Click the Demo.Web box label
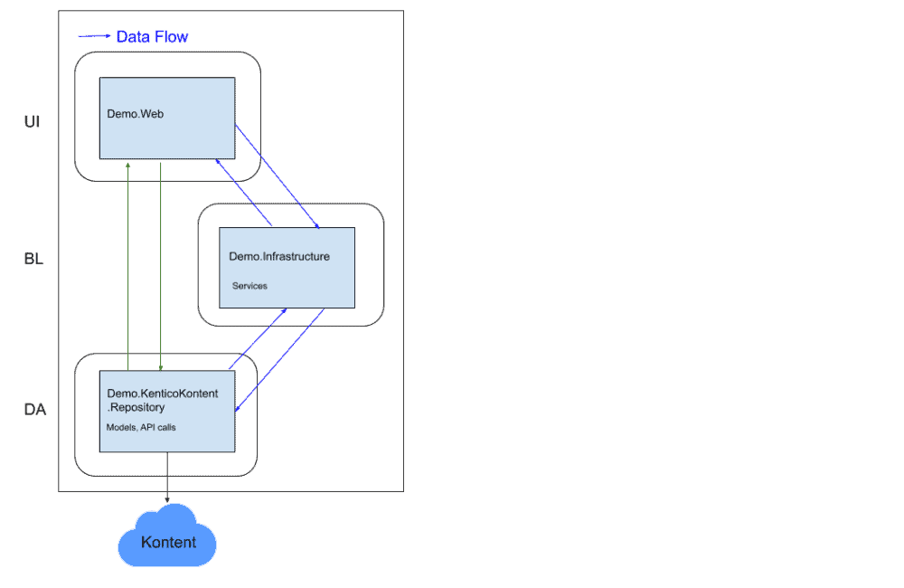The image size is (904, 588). click(x=135, y=115)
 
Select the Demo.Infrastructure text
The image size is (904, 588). click(x=278, y=257)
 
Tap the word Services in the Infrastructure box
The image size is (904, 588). click(x=250, y=286)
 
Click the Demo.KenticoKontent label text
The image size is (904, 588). click(x=163, y=394)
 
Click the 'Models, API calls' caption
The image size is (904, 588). click(x=141, y=426)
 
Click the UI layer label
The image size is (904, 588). click(x=32, y=121)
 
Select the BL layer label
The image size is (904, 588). click(x=33, y=260)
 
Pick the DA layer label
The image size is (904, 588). click(x=34, y=410)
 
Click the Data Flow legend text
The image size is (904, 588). click(x=152, y=37)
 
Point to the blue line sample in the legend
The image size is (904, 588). click(x=94, y=37)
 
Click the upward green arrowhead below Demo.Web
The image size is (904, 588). click(x=128, y=166)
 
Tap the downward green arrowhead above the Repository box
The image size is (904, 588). click(x=161, y=367)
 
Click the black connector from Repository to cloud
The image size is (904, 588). click(x=167, y=474)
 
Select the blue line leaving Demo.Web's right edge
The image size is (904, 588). click(x=276, y=175)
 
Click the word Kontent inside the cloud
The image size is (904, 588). click(x=168, y=543)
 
